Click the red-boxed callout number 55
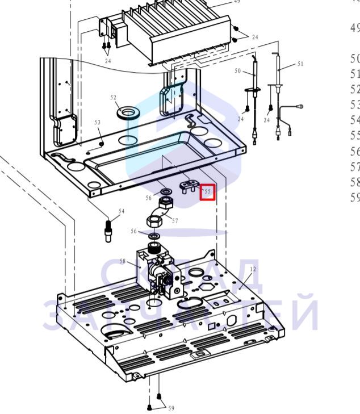pos(207,192)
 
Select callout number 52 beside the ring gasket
pos(114,98)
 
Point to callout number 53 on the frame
pos(97,123)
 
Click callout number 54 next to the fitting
pos(121,211)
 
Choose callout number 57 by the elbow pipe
pos(175,220)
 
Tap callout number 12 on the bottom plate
pos(253,269)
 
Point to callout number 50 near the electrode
pos(238,72)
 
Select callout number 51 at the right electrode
pos(300,64)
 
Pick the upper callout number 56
pos(149,198)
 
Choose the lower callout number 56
pos(135,231)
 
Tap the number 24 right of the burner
pos(255,37)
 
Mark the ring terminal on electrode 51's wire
pos(300,106)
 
